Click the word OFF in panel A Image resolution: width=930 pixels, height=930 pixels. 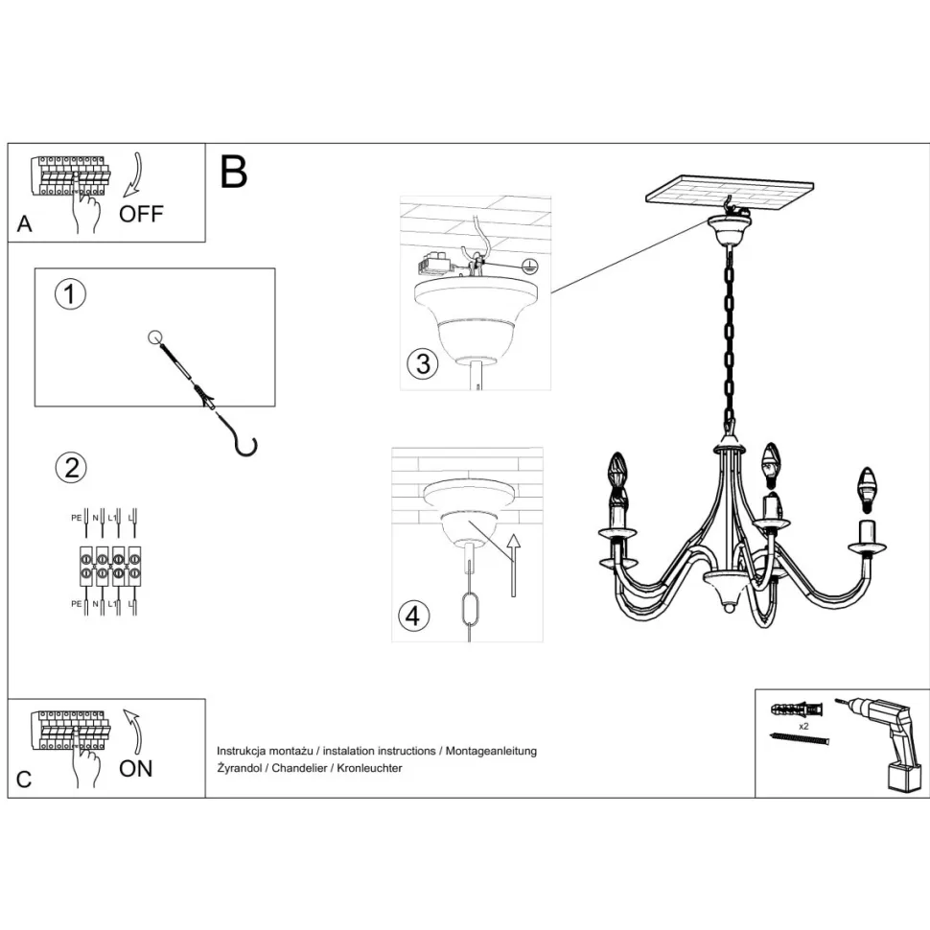141,213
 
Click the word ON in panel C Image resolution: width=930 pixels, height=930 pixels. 135,767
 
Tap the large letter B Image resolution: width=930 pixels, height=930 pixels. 234,172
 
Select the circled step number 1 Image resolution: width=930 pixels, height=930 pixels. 70,294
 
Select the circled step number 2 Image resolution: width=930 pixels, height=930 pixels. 70,468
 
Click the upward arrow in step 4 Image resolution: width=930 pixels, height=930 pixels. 513,566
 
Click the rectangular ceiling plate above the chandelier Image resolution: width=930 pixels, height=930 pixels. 732,194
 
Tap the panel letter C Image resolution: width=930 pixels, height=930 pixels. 24,779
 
